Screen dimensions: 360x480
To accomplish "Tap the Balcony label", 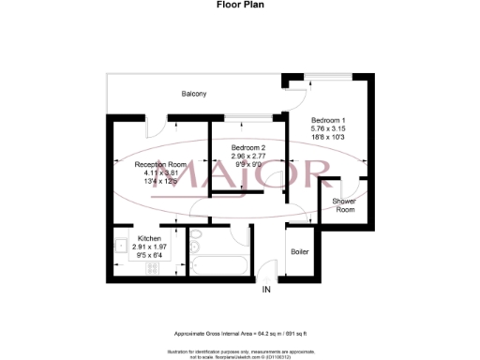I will (194, 94).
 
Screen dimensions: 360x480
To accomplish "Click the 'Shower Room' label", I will (344, 205).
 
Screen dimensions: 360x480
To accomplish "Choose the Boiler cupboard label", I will (300, 251).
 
